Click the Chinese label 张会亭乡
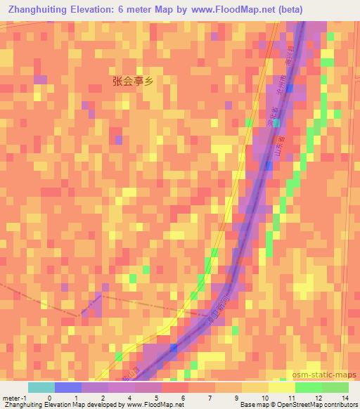click(132, 81)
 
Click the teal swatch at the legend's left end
click(41, 387)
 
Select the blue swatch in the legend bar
click(68, 387)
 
